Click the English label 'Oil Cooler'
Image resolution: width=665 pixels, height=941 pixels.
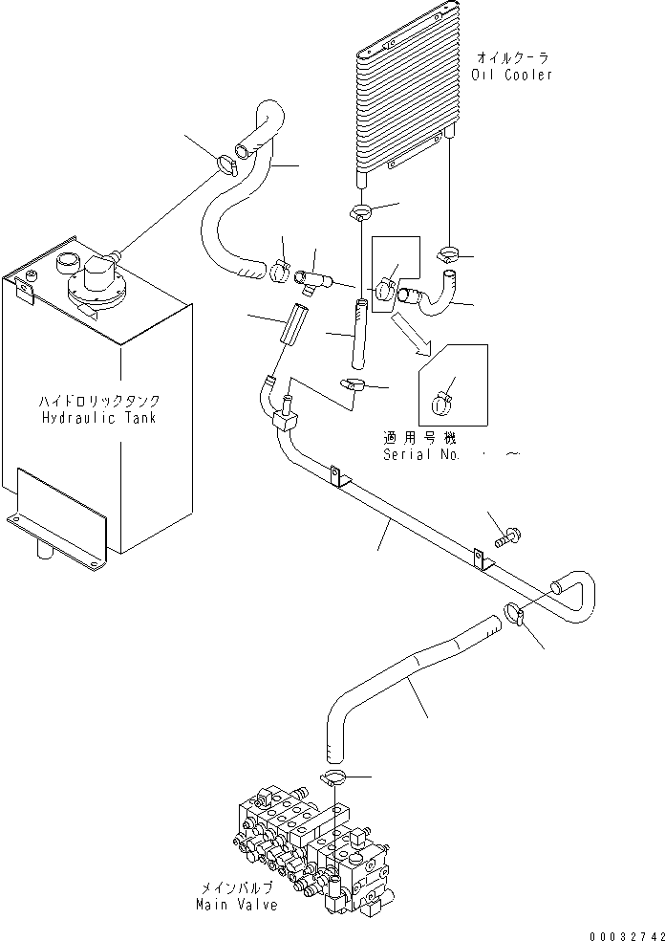coord(513,75)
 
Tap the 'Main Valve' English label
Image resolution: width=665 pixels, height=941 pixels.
coord(236,904)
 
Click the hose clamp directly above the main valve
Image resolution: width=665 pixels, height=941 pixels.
coord(335,777)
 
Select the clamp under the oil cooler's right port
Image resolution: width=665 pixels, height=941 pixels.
coord(448,254)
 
